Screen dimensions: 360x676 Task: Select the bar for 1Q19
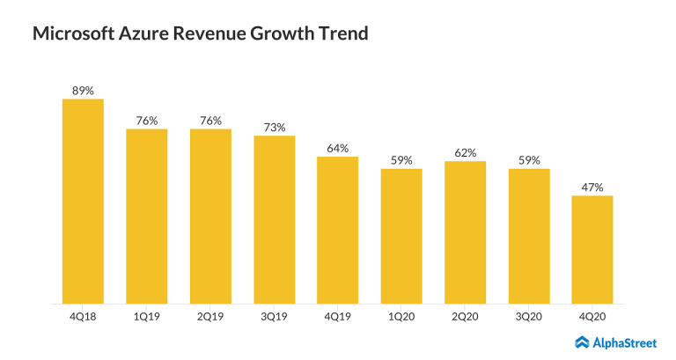[x=146, y=217]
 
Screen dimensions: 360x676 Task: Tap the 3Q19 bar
[x=274, y=219]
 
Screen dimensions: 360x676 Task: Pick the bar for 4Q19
[x=338, y=230]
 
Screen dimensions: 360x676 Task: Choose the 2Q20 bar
[x=465, y=232]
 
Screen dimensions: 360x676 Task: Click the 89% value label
[x=83, y=90]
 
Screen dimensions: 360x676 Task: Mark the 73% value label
[x=274, y=127]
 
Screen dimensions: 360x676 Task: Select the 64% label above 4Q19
[x=338, y=148]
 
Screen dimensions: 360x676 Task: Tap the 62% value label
[x=465, y=152]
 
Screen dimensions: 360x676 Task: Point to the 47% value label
[x=592, y=187]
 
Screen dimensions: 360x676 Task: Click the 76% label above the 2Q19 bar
[x=210, y=121]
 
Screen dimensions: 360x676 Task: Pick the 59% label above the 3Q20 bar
[x=529, y=159]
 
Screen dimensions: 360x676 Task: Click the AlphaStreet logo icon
[x=584, y=342]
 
